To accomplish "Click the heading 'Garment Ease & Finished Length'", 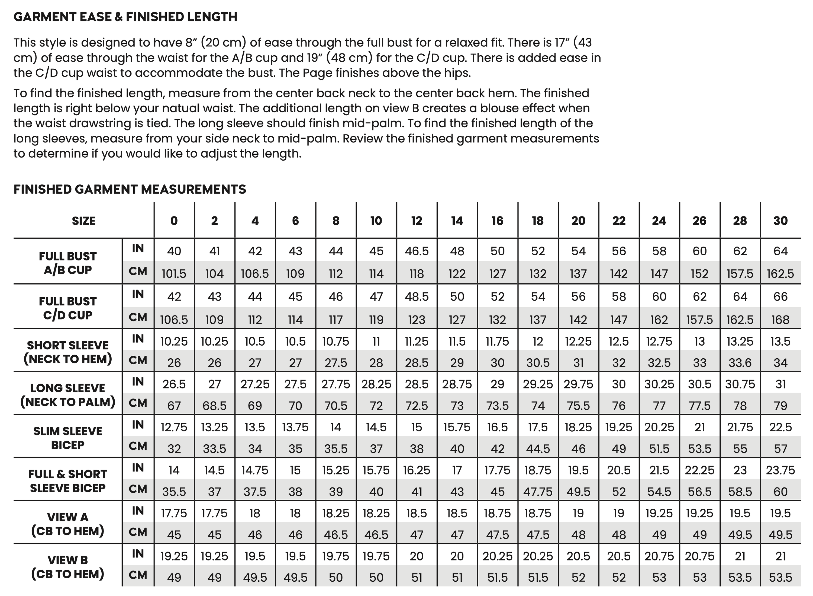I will [125, 17].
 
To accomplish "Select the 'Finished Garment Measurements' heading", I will [130, 189].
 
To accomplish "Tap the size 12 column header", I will [417, 221].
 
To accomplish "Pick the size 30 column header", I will [780, 221].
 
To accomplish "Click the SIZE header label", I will [84, 221].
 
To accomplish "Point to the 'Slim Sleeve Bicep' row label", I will [68, 438].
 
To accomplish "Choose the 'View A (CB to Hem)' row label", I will [68, 524].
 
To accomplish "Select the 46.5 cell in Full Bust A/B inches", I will [417, 251].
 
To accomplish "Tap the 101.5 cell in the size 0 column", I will [174, 274].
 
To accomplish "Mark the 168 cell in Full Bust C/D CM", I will [780, 320].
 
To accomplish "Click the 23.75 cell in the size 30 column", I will [780, 470].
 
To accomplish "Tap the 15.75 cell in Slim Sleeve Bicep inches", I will [457, 428].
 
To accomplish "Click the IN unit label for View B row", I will [138, 553].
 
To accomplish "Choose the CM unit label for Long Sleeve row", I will [138, 403].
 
